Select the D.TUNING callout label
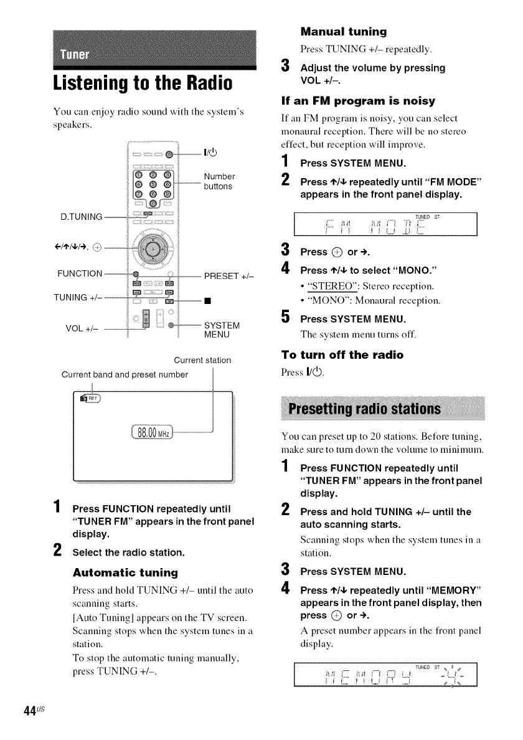coord(81,217)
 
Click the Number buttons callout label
coord(218,181)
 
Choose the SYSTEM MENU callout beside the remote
coord(222,330)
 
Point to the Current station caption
coord(202,360)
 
